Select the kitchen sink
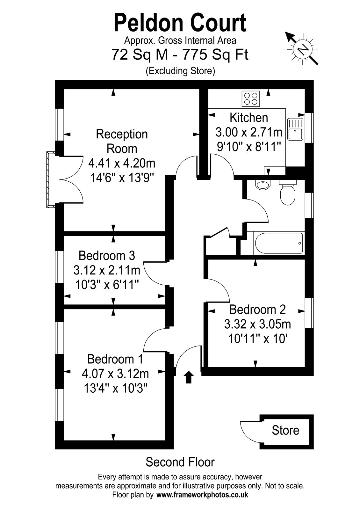[x=295, y=129]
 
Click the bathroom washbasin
[x=263, y=185]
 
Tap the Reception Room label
[x=122, y=141]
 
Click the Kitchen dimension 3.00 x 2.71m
[x=249, y=132]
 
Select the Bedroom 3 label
[x=107, y=256]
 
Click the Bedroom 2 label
[x=257, y=310]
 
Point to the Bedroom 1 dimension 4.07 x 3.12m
[x=115, y=373]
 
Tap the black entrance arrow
[x=189, y=377]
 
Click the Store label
[x=285, y=431]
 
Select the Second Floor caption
[x=180, y=462]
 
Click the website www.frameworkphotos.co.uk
[x=202, y=495]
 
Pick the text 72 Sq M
[x=140, y=55]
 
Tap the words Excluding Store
[x=180, y=71]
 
